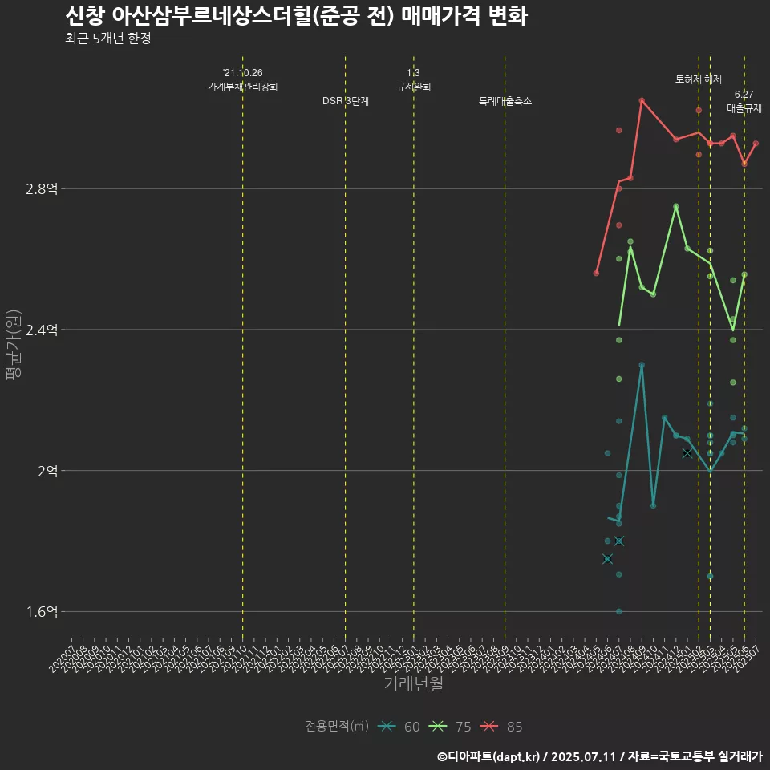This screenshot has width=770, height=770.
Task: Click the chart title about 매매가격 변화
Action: point(296,16)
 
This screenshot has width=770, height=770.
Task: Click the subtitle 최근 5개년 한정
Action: point(107,38)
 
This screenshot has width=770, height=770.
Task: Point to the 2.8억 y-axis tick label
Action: point(42,189)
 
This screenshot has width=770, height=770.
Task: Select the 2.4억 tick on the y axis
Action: point(42,330)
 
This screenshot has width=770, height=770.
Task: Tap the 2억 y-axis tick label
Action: point(47,471)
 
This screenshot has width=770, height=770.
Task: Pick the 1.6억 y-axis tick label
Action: point(42,612)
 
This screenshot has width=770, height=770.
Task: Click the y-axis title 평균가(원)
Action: point(14,344)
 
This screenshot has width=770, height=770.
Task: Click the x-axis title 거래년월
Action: point(413,684)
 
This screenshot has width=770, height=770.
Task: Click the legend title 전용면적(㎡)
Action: point(336,727)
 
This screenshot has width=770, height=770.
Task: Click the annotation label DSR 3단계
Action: point(346,102)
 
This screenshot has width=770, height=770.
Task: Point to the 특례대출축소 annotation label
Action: point(505,102)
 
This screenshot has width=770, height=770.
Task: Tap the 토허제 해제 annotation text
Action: point(699,79)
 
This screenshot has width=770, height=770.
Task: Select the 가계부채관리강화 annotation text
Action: point(243,87)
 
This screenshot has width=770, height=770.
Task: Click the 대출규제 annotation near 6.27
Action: point(744,108)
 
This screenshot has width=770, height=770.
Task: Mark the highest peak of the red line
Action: point(642,100)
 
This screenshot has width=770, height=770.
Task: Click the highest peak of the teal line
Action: point(642,365)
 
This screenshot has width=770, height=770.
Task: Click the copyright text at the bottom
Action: point(599,756)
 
